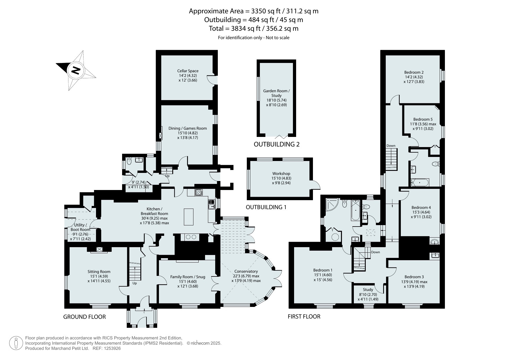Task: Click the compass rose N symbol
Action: click(76, 70)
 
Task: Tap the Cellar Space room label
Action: click(188, 71)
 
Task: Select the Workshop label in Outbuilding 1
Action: click(281, 173)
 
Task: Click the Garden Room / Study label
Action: click(276, 93)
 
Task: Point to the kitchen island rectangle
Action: click(189, 217)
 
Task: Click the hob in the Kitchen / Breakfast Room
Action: click(199, 192)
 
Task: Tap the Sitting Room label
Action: click(99, 272)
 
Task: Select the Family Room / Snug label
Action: click(188, 277)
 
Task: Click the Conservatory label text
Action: click(246, 272)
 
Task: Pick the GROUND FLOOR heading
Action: click(84, 317)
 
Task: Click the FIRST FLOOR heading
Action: click(304, 316)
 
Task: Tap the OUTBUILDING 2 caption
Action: click(276, 144)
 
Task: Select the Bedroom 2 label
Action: click(414, 73)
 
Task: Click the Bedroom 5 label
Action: click(423, 119)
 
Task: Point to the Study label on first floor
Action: click(368, 290)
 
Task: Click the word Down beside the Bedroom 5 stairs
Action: click(391, 146)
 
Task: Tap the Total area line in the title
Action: click(254, 28)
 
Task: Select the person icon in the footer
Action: click(16, 343)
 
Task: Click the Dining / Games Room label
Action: click(188, 128)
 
